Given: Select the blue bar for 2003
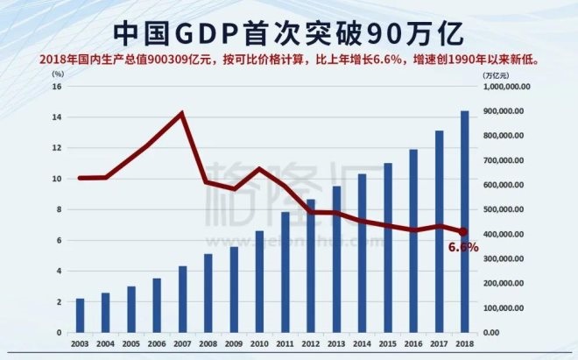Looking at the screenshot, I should [81, 315].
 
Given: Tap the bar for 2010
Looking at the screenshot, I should [259, 281].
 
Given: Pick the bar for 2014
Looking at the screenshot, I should [362, 253].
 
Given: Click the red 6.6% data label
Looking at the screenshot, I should [463, 248].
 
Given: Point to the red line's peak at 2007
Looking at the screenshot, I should [182, 113].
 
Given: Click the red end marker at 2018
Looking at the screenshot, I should [463, 232].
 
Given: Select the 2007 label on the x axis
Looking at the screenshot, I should [182, 344].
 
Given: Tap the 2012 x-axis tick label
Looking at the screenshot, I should [310, 344].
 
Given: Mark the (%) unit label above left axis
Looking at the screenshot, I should [58, 75].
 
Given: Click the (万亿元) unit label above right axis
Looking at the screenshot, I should [496, 75].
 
